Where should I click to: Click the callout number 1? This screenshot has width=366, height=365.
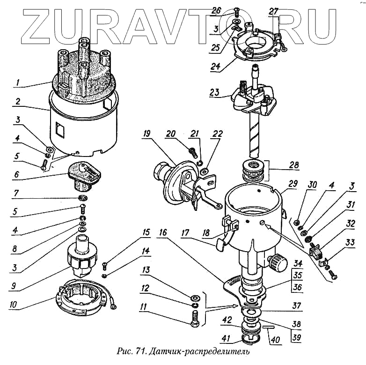[18, 83]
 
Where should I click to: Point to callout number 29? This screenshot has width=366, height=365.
[293, 184]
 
